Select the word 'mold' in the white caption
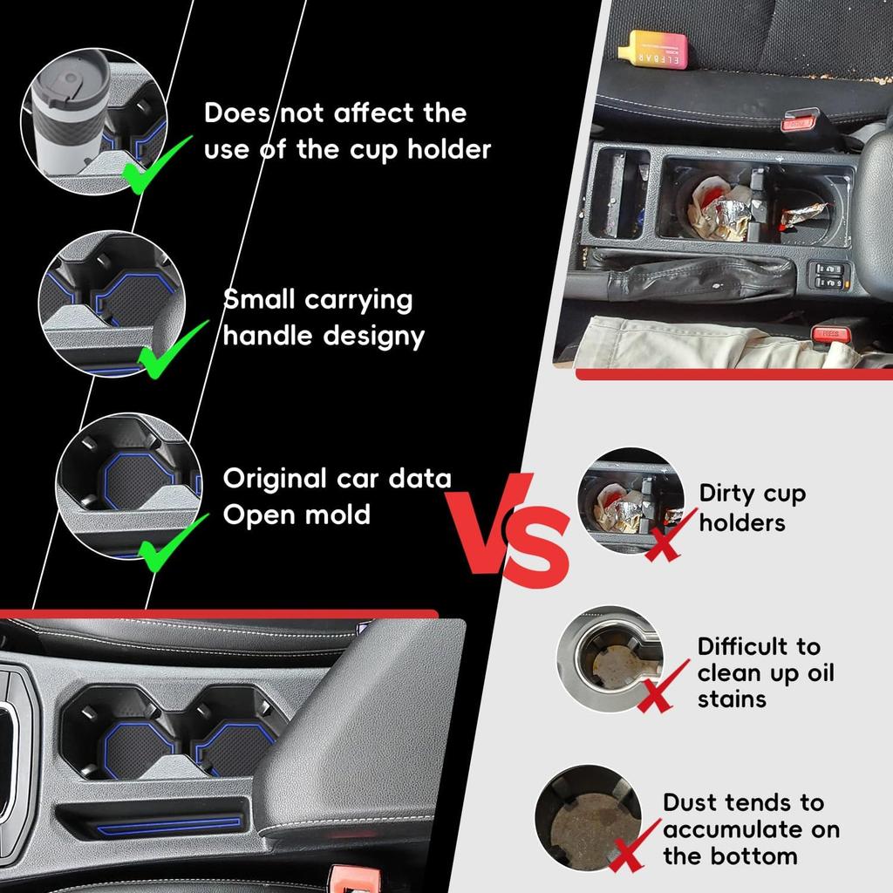(x=334, y=515)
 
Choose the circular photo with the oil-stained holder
(x=610, y=658)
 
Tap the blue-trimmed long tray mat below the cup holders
(x=170, y=822)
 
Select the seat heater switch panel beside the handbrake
(x=828, y=275)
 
